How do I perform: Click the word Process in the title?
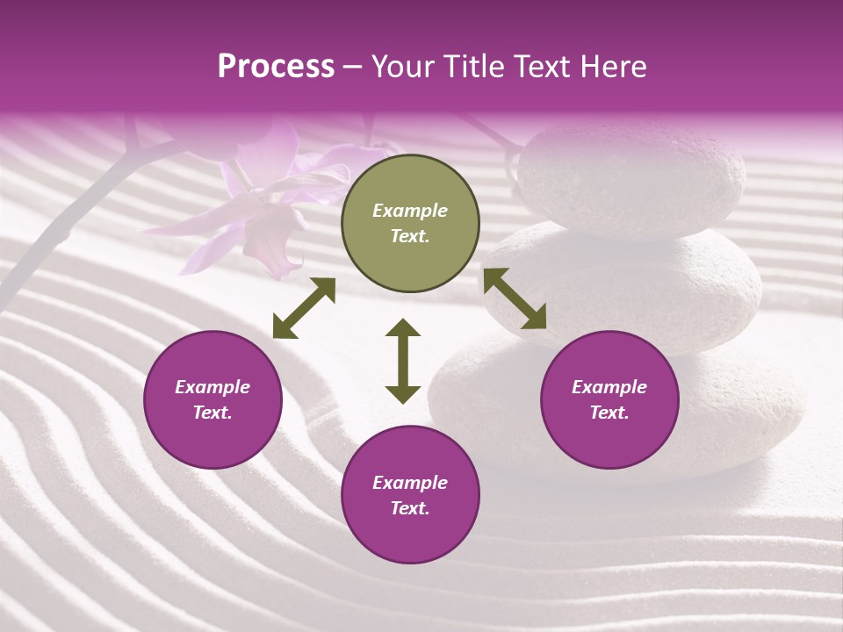click(x=276, y=67)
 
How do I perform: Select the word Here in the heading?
click(x=612, y=67)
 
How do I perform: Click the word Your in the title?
click(x=401, y=67)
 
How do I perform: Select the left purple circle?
click(x=213, y=399)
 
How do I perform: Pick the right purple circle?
click(x=609, y=399)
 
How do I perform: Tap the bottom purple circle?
click(x=410, y=495)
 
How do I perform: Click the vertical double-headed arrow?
click(x=403, y=361)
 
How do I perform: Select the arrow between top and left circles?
click(x=304, y=308)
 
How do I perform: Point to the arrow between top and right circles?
click(x=515, y=298)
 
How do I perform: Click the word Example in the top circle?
click(x=410, y=211)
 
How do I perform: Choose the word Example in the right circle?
click(x=609, y=387)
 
